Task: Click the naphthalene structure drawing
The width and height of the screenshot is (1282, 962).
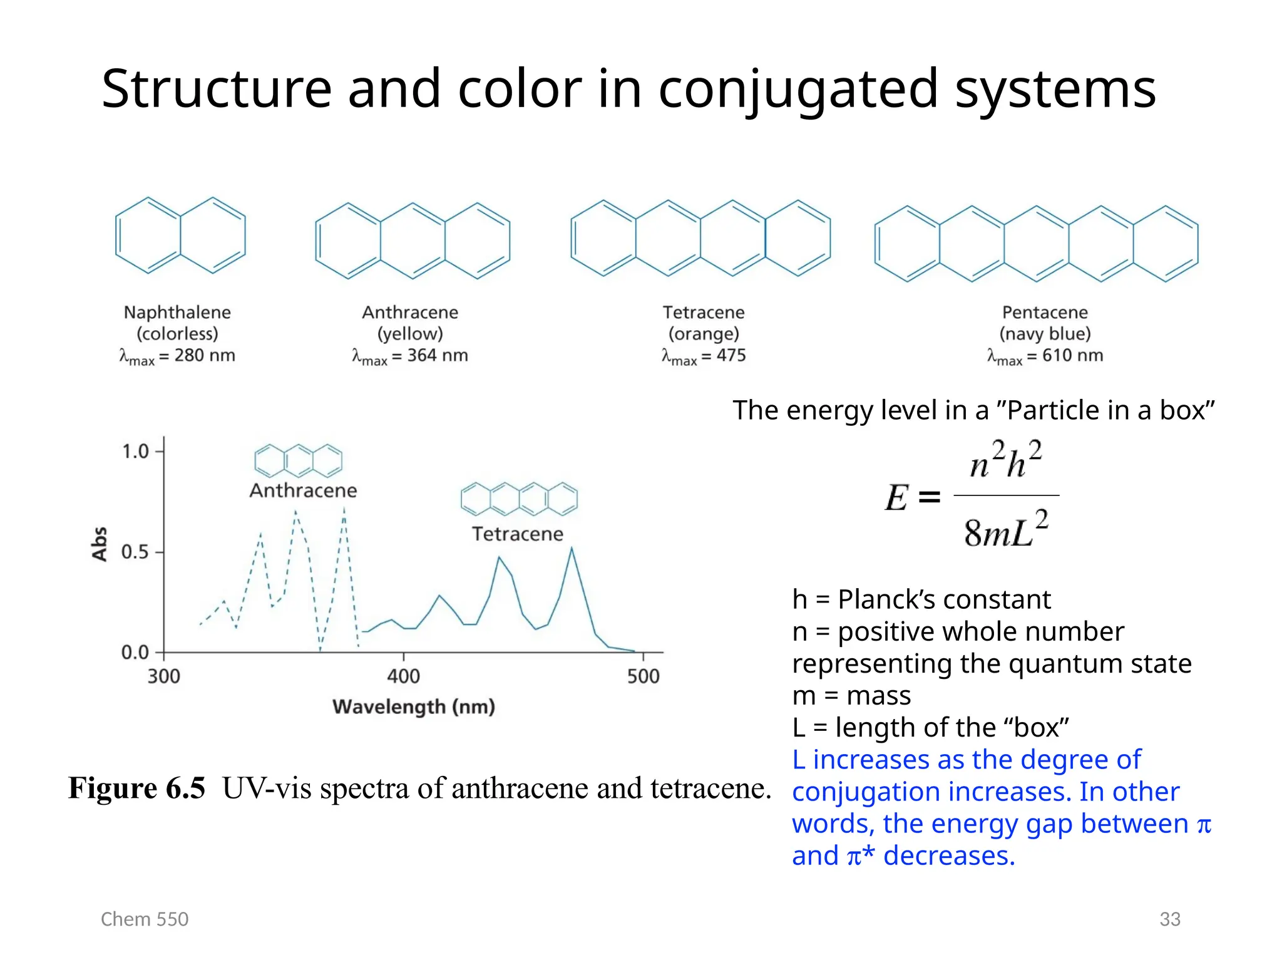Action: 180,235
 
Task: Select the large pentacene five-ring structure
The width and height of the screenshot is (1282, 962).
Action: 1036,244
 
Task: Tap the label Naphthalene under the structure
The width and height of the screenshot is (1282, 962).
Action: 177,312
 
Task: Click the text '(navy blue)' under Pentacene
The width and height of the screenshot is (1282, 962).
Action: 1045,334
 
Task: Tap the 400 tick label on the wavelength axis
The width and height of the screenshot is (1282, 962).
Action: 403,676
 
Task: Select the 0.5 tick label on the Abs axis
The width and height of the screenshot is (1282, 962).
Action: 135,552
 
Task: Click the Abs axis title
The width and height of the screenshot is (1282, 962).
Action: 100,544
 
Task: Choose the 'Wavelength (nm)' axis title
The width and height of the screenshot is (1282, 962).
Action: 414,706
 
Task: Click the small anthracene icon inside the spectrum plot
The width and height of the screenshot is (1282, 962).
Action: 299,461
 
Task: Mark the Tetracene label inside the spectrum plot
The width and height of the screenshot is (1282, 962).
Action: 517,534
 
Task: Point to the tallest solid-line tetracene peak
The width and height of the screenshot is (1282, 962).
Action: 571,549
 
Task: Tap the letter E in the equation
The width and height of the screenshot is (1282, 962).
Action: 896,498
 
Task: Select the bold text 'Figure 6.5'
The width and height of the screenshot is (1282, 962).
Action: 136,788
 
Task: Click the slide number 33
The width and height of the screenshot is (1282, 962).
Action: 1169,919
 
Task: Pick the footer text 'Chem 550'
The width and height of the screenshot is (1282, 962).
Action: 145,919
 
